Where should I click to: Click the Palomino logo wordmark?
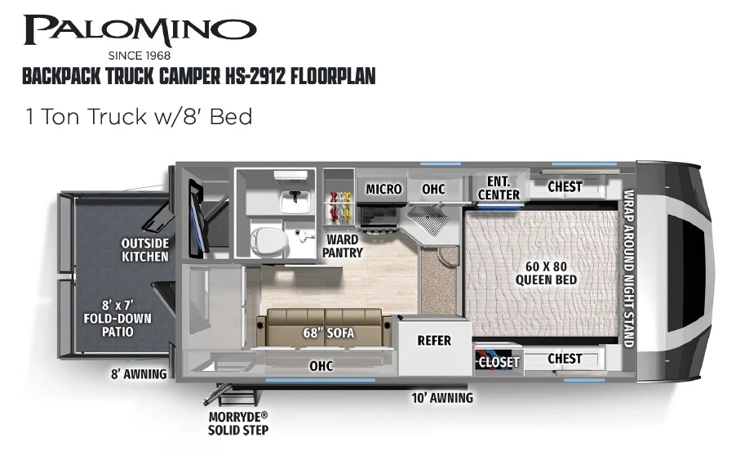tap(140, 30)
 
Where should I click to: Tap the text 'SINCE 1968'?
tap(140, 56)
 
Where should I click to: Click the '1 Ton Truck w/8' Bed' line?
tap(140, 117)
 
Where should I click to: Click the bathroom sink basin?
tap(295, 202)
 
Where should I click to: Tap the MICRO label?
tap(384, 189)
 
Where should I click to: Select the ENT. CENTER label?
tap(499, 188)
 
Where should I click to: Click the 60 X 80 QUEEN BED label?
tap(546, 273)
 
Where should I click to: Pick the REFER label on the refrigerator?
tap(434, 340)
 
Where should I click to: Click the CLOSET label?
tap(498, 362)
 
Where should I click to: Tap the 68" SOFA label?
tap(329, 333)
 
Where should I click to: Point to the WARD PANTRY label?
tap(342, 246)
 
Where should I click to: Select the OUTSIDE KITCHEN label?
tap(145, 249)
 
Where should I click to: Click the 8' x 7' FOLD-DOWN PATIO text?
tap(117, 318)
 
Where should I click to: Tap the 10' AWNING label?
tap(442, 398)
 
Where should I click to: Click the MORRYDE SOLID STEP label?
tap(238, 423)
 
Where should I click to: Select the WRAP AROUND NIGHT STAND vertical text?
tap(629, 268)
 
